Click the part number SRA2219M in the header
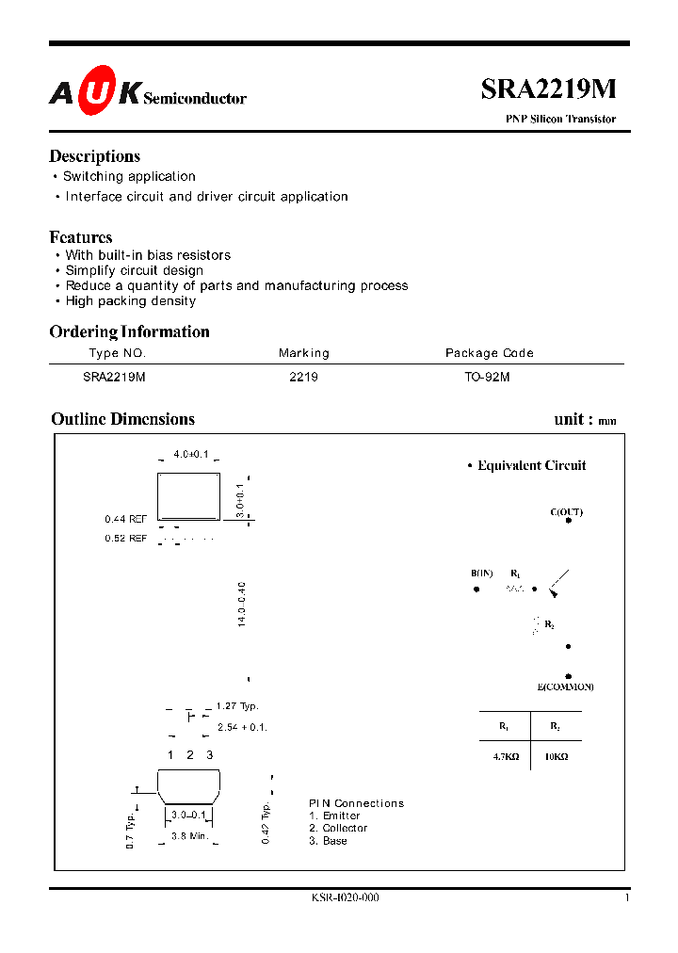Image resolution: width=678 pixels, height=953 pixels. [x=548, y=89]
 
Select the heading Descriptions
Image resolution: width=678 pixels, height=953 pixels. [x=94, y=156]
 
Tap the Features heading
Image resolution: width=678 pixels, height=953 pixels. [x=81, y=237]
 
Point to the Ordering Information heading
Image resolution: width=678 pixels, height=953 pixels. [x=129, y=331]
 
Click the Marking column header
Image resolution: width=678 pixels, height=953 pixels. [x=304, y=353]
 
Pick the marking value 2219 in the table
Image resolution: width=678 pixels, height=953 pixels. [x=304, y=376]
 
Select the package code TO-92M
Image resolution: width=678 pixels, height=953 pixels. [x=488, y=376]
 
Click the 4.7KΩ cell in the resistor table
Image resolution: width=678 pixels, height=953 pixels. [x=504, y=756]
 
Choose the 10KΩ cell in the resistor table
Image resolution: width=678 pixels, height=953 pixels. [x=556, y=756]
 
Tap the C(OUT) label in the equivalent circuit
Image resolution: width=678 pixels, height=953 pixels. [x=567, y=512]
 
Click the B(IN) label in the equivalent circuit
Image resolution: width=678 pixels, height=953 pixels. [x=482, y=573]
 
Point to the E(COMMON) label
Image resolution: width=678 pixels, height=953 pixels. [x=566, y=687]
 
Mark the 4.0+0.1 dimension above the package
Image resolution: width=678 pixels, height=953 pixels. [x=191, y=454]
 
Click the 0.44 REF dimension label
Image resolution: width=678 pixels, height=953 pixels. [x=125, y=519]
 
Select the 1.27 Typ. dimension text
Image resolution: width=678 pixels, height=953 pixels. [x=236, y=706]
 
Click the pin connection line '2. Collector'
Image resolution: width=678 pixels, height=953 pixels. [x=338, y=829]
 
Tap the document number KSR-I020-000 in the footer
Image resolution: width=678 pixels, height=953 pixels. [x=345, y=898]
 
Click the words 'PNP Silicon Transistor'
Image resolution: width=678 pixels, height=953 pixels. [x=562, y=120]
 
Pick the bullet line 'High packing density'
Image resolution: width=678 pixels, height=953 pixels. [x=131, y=301]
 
